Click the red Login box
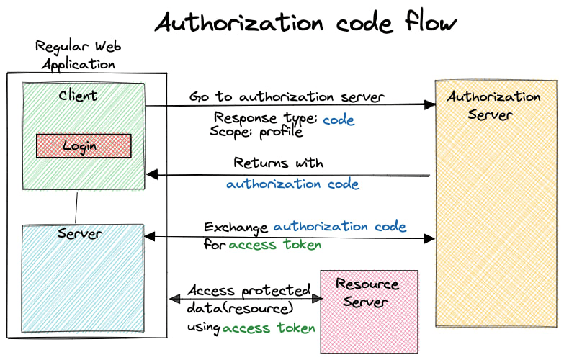coord(84,145)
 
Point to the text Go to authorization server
coord(287,96)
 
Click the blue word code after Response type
coord(339,120)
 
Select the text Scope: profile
coord(256,132)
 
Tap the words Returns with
coord(278,163)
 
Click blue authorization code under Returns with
coord(292,184)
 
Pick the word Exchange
coord(236,227)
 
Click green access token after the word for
coord(275,245)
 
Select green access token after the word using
coord(269,328)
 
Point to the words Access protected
coord(249,290)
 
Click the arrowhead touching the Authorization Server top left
coord(430,105)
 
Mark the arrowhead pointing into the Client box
coord(151,174)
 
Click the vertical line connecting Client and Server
coord(76,207)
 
